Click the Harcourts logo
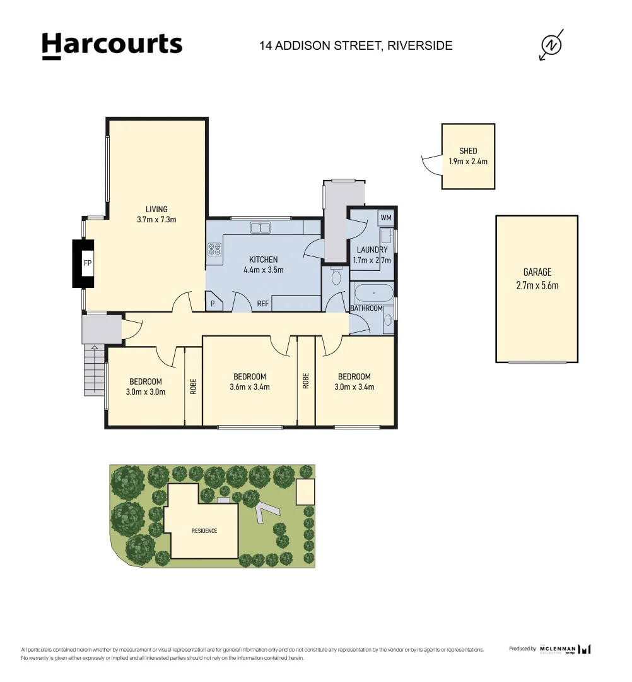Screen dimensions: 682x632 click(112, 45)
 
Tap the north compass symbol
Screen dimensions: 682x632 click(552, 45)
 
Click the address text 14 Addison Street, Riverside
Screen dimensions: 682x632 click(356, 45)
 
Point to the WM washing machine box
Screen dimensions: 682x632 click(385, 218)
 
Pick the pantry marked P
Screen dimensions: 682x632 click(213, 303)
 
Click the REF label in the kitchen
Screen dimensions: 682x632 click(262, 304)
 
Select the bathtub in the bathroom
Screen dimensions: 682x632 click(373, 294)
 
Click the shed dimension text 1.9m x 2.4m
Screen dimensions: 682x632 click(468, 161)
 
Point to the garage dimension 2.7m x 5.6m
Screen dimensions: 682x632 click(537, 285)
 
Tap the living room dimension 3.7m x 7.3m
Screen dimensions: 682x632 click(156, 220)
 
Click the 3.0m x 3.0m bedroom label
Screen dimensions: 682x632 click(146, 392)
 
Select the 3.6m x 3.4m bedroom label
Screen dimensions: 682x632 click(250, 386)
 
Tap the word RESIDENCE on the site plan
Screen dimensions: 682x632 click(204, 530)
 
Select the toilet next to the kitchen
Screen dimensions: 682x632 click(336, 277)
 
